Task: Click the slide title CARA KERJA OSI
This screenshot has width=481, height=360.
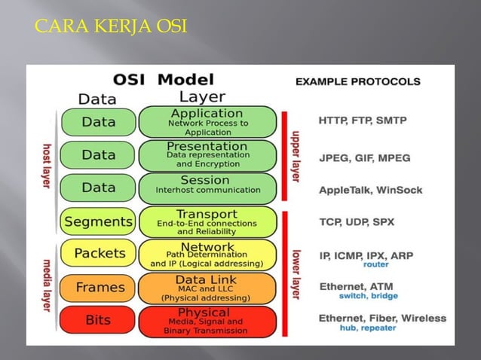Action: pyautogui.click(x=111, y=29)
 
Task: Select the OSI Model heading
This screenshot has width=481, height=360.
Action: pyautogui.click(x=164, y=79)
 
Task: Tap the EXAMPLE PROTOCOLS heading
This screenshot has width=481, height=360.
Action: pyautogui.click(x=358, y=81)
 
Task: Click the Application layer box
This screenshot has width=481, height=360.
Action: pyautogui.click(x=207, y=122)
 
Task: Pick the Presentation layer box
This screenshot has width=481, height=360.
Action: pyautogui.click(x=207, y=154)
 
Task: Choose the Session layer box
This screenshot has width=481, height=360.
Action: pyautogui.click(x=207, y=188)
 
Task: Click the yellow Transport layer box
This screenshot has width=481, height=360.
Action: pyautogui.click(x=207, y=221)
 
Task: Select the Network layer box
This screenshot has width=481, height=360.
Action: pyautogui.click(x=207, y=255)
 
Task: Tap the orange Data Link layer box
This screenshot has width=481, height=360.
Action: pyautogui.click(x=207, y=288)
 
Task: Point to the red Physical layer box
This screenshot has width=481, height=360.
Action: pyautogui.click(x=207, y=321)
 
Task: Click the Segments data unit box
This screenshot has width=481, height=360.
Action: pyautogui.click(x=98, y=221)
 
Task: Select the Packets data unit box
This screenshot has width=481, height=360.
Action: pyautogui.click(x=98, y=255)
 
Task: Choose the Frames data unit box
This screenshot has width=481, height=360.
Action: pyautogui.click(x=98, y=288)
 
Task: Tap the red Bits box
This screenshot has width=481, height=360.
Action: pyautogui.click(x=98, y=321)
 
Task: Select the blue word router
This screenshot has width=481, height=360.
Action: pyautogui.click(x=375, y=265)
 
